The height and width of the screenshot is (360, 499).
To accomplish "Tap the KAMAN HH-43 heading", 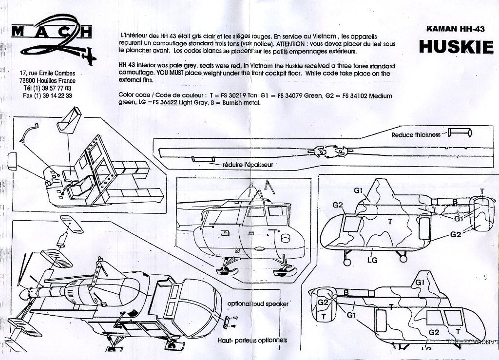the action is tap(455, 29).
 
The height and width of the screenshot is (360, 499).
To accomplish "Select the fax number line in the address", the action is tap(47, 95).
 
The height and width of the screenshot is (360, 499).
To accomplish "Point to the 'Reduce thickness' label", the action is tap(416, 135).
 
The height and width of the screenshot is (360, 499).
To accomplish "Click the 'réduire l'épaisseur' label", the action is tap(247, 165).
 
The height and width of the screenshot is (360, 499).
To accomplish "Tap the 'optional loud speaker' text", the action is tap(258, 303).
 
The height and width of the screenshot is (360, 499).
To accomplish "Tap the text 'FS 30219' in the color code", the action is tap(233, 95).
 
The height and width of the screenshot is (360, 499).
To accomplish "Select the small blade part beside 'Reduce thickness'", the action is tap(460, 132).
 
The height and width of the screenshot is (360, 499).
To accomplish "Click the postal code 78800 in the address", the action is tap(28, 81).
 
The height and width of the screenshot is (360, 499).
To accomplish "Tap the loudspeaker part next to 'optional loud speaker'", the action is tap(227, 321).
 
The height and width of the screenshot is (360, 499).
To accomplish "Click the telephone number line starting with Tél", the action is tap(47, 88).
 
